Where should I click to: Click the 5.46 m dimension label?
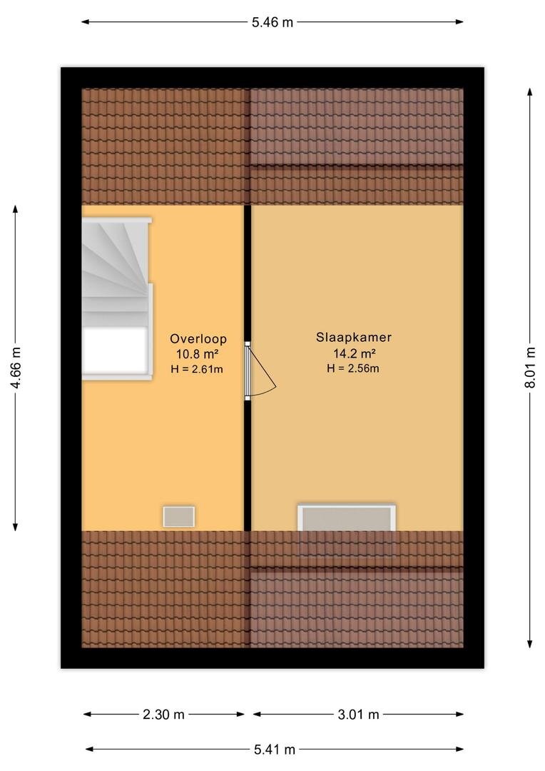pyautogui.click(x=272, y=22)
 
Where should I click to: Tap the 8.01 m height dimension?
pyautogui.click(x=530, y=368)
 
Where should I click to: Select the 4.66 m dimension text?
pyautogui.click(x=16, y=368)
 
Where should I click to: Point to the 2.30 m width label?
pyautogui.click(x=163, y=715)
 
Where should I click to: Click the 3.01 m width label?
pyautogui.click(x=358, y=715)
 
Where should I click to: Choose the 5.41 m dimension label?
pyautogui.click(x=275, y=750)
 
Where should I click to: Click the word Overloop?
pyautogui.click(x=198, y=339)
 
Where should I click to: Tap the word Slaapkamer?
pyautogui.click(x=354, y=337)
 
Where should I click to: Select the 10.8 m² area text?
pyautogui.click(x=197, y=354)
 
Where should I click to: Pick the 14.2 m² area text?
pyautogui.click(x=355, y=353)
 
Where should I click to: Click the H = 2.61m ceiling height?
pyautogui.click(x=197, y=369)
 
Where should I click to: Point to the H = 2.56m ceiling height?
pyautogui.click(x=353, y=368)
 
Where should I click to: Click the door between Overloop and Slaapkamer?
pyautogui.click(x=260, y=371)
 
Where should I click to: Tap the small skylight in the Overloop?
pyautogui.click(x=179, y=517)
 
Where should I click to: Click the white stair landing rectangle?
pyautogui.click(x=115, y=350)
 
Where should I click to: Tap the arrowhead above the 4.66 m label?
pyautogui.click(x=16, y=209)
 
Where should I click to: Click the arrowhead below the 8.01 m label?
pyautogui.click(x=530, y=644)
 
